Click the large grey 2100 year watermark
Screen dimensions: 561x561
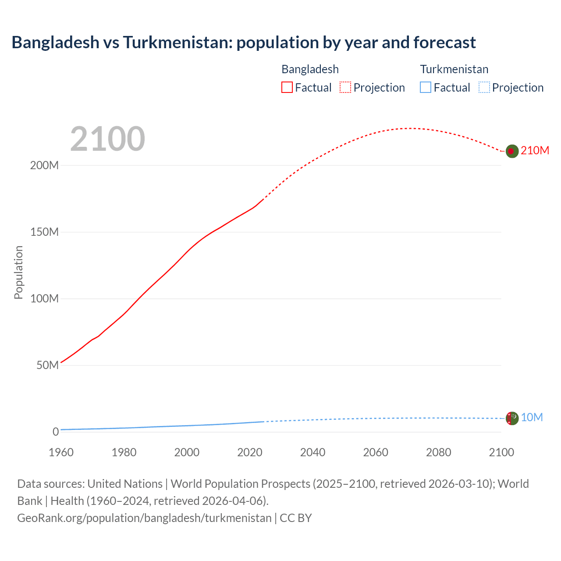click(107, 139)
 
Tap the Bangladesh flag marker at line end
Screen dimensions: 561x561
click(512, 151)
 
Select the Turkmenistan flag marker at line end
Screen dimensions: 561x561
click(512, 418)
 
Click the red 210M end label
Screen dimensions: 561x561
click(535, 151)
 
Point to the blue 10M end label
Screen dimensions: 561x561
click(532, 418)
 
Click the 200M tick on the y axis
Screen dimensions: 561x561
click(44, 166)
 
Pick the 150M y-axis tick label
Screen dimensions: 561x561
click(44, 232)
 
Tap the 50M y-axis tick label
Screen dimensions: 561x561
click(47, 366)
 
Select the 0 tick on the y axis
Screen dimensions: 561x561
click(55, 432)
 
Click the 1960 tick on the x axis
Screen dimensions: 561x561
click(61, 452)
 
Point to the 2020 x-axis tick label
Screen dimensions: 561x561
click(250, 452)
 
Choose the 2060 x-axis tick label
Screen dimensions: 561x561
click(376, 452)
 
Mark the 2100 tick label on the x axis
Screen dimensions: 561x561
click(501, 452)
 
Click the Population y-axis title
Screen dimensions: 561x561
click(18, 272)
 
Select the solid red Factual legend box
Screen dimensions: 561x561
click(287, 88)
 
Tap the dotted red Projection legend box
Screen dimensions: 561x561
click(345, 88)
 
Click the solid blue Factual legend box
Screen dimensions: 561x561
click(426, 88)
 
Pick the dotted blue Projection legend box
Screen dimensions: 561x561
click(484, 88)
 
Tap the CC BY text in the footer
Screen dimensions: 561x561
click(296, 518)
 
